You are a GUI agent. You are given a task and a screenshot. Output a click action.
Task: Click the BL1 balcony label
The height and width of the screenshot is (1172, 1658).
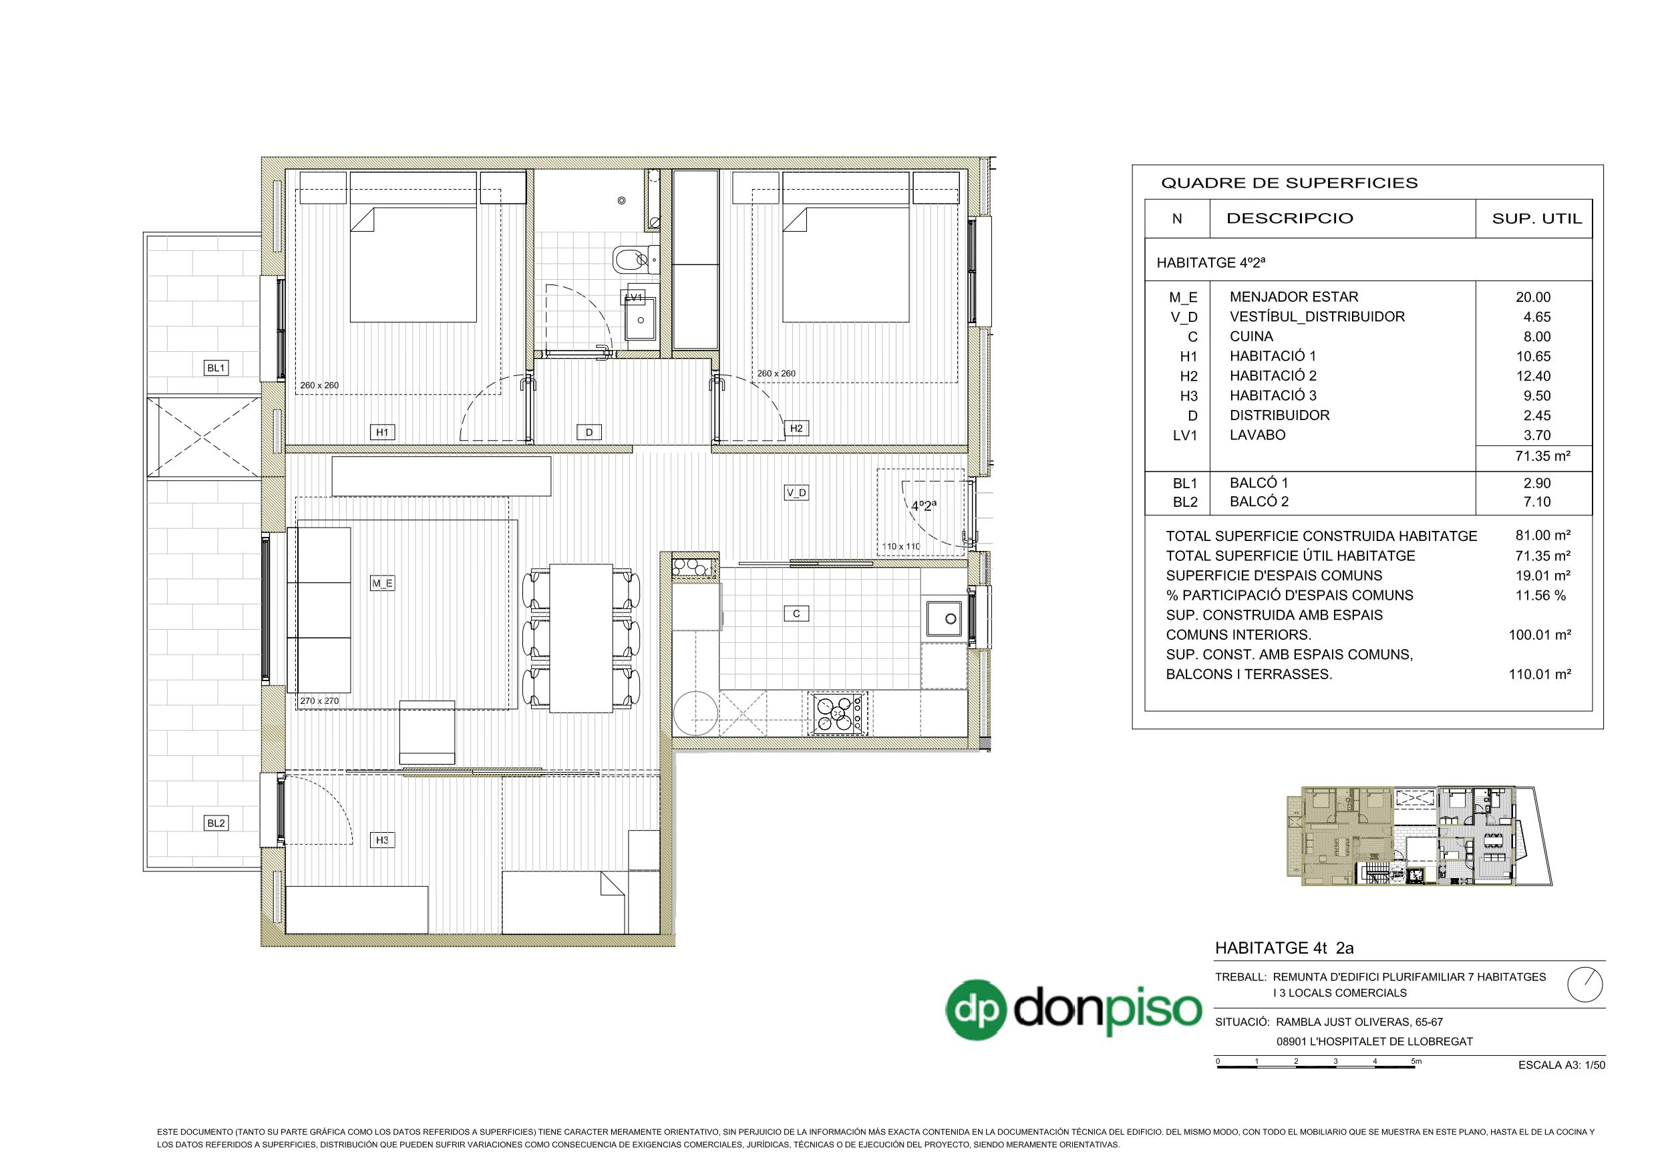coord(216,368)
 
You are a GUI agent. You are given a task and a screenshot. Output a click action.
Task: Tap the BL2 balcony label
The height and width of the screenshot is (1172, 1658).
coord(216,823)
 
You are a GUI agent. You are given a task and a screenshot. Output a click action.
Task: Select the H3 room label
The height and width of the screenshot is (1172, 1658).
coord(382,840)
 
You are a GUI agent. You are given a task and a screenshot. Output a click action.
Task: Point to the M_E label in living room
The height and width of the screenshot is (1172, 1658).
coord(382,584)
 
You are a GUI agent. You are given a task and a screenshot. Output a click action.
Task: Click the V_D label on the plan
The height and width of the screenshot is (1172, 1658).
coord(796,492)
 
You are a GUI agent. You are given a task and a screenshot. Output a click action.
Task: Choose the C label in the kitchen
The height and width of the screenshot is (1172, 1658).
coord(796,614)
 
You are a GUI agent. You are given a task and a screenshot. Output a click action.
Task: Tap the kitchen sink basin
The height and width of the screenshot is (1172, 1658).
coord(946,619)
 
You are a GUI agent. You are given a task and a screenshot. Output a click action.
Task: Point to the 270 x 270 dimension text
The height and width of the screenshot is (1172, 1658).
coord(319,701)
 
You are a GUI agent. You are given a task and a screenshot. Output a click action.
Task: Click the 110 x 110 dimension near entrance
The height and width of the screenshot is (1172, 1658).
coord(900,547)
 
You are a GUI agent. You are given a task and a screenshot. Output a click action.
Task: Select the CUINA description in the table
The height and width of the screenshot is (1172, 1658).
coord(1251,337)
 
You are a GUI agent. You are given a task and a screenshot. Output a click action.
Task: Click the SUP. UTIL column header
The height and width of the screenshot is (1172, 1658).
coord(1536,218)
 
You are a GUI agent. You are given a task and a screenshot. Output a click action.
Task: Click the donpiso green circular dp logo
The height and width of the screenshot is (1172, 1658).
coord(977,1009)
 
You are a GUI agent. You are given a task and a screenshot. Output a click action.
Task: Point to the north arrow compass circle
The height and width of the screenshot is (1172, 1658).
coord(1586,984)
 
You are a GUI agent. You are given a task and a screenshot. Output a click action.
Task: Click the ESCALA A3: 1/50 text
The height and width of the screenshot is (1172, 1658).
coord(1562,1065)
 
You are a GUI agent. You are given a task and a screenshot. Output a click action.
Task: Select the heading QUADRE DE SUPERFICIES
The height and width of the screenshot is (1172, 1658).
coord(1289,184)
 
